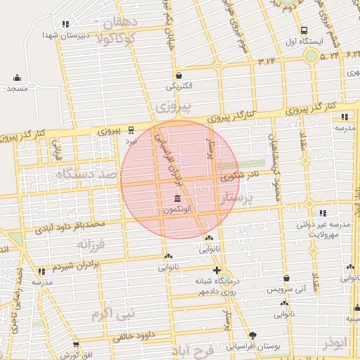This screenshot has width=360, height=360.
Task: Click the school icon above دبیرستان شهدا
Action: [x=66, y=24]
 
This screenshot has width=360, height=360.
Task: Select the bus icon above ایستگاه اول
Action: [x=304, y=30]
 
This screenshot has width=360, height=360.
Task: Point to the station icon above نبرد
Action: [x=131, y=129]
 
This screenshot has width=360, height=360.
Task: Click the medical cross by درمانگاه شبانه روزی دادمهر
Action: [x=217, y=271]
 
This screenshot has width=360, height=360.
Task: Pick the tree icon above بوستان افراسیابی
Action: [x=254, y=335]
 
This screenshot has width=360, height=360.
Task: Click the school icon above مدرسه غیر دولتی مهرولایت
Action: [x=322, y=212]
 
